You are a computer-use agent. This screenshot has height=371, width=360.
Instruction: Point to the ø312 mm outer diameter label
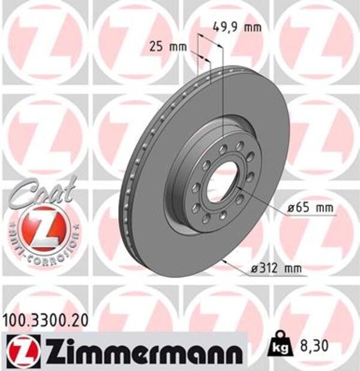pos(277,269)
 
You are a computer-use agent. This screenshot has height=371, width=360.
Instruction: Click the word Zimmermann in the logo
pos(144,349)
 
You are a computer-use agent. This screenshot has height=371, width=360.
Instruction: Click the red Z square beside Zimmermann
pos(23,349)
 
